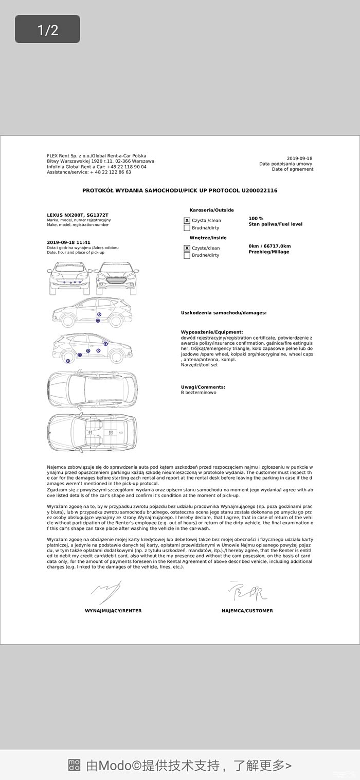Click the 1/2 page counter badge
tap(47, 29)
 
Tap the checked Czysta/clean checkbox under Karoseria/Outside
tap(187, 220)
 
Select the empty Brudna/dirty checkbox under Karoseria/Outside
tap(187, 227)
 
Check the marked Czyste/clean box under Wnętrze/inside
tap(187, 248)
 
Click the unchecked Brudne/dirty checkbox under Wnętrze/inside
tap(187, 255)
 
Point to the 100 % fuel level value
tap(256, 218)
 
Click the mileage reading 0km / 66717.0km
tap(269, 246)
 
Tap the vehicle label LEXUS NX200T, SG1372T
tap(78, 215)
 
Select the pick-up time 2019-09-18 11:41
tap(68, 242)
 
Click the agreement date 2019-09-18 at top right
tap(299, 158)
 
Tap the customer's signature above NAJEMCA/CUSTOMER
tap(247, 592)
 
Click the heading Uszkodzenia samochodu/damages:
tap(224, 313)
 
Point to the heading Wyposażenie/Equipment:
tap(212, 332)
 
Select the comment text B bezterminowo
tap(199, 393)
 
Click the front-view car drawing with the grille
tap(116, 278)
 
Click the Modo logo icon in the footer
tap(74, 765)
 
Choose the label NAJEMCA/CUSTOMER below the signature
tap(247, 611)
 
